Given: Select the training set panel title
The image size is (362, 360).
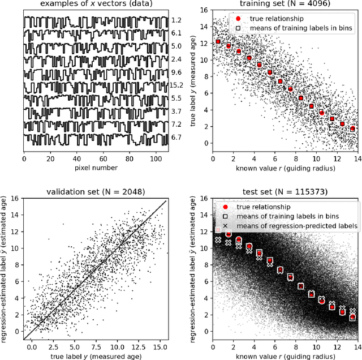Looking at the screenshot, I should click(285, 5).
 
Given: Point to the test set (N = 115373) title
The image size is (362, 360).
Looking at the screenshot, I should click(285, 191).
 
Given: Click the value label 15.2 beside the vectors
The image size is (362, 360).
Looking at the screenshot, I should click(176, 85).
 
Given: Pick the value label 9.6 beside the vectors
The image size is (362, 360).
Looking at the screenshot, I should click(176, 72).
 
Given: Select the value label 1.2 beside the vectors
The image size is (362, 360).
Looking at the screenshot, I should click(176, 20).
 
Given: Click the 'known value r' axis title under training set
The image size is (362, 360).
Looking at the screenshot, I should click(285, 168).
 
